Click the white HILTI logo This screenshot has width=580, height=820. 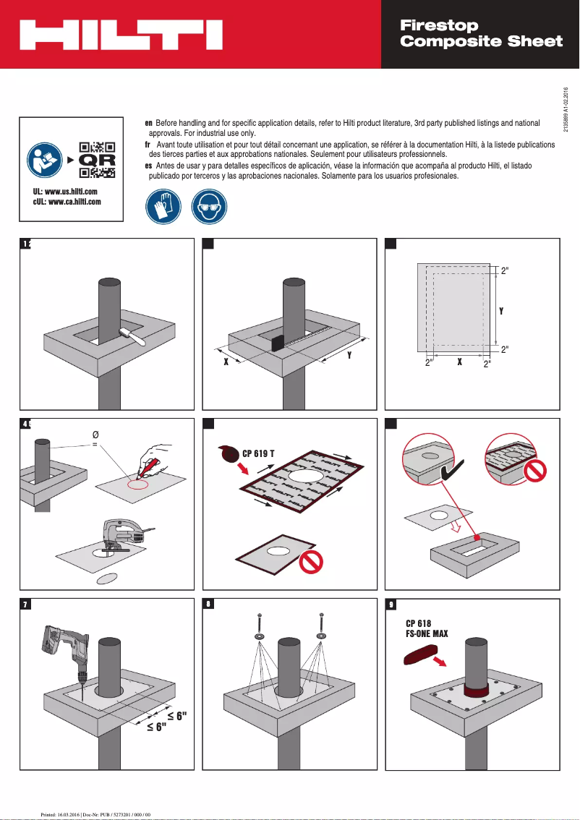coord(120,35)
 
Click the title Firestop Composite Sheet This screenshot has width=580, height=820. coord(481,34)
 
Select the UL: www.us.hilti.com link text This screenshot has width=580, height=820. coord(71,191)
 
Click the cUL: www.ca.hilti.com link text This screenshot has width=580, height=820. coord(71,202)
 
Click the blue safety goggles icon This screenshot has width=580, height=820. coord(208,207)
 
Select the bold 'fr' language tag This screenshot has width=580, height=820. coord(148,145)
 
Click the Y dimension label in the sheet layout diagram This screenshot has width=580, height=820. coord(501,311)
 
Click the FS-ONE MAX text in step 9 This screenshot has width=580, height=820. coord(427,634)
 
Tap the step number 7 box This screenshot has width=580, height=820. coord(25,606)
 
